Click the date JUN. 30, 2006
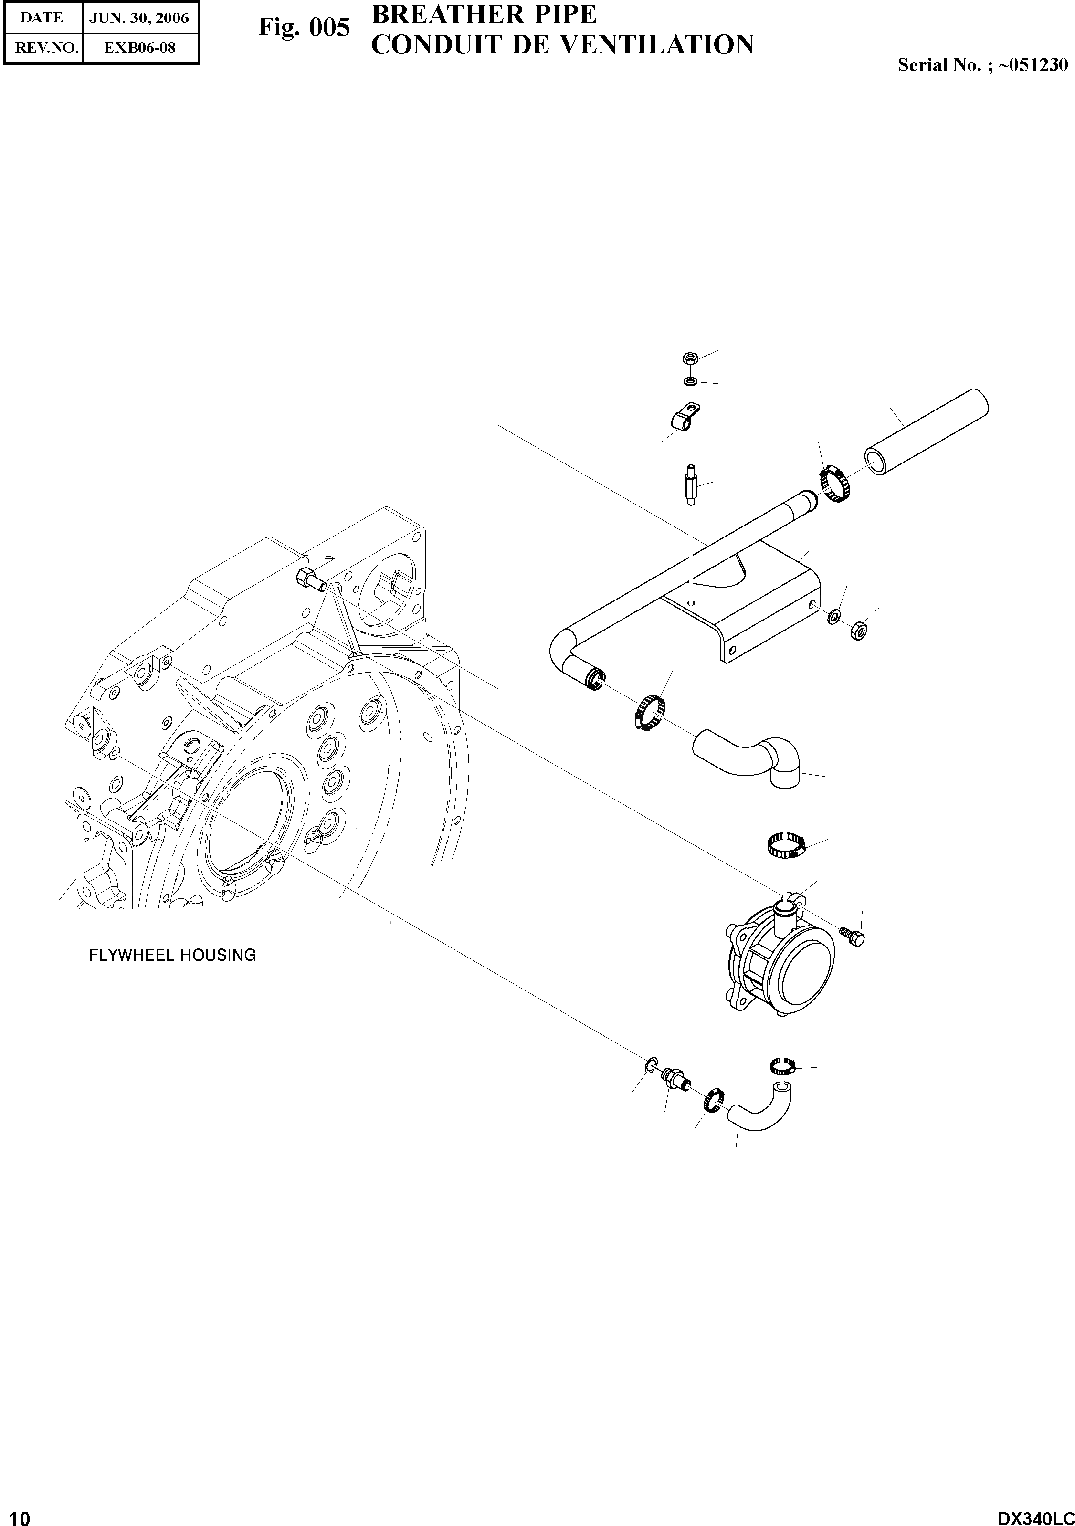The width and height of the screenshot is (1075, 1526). (139, 18)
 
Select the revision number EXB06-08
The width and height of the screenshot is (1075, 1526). (139, 48)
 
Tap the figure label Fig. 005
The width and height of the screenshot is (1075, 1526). (304, 28)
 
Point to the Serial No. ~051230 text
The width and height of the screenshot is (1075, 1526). (982, 64)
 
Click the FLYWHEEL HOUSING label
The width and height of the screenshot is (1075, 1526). (172, 955)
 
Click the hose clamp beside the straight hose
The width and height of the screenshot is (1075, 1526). (832, 484)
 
